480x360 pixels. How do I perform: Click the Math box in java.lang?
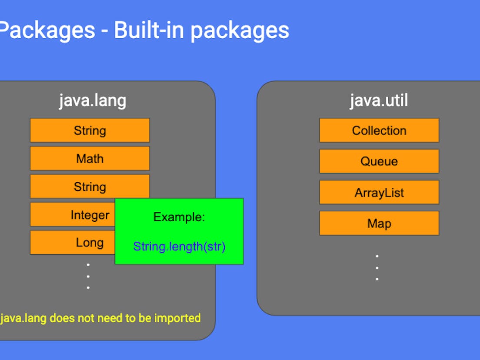pos(90,158)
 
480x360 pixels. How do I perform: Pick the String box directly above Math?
pos(90,130)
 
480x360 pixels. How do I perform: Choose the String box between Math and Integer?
pos(90,187)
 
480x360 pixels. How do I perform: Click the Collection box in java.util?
pos(379,130)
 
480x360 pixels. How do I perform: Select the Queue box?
pos(379,161)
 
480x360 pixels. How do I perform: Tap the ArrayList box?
pos(379,193)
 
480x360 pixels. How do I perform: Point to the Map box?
pos(379,223)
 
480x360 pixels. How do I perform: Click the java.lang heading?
pos(93,101)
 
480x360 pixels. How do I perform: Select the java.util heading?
pos(379,101)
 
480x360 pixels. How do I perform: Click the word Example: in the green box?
pos(179,217)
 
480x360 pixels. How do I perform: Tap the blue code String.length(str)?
pos(179,247)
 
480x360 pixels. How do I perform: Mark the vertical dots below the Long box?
pos(88,276)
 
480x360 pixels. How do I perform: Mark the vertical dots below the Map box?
pos(377,267)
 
